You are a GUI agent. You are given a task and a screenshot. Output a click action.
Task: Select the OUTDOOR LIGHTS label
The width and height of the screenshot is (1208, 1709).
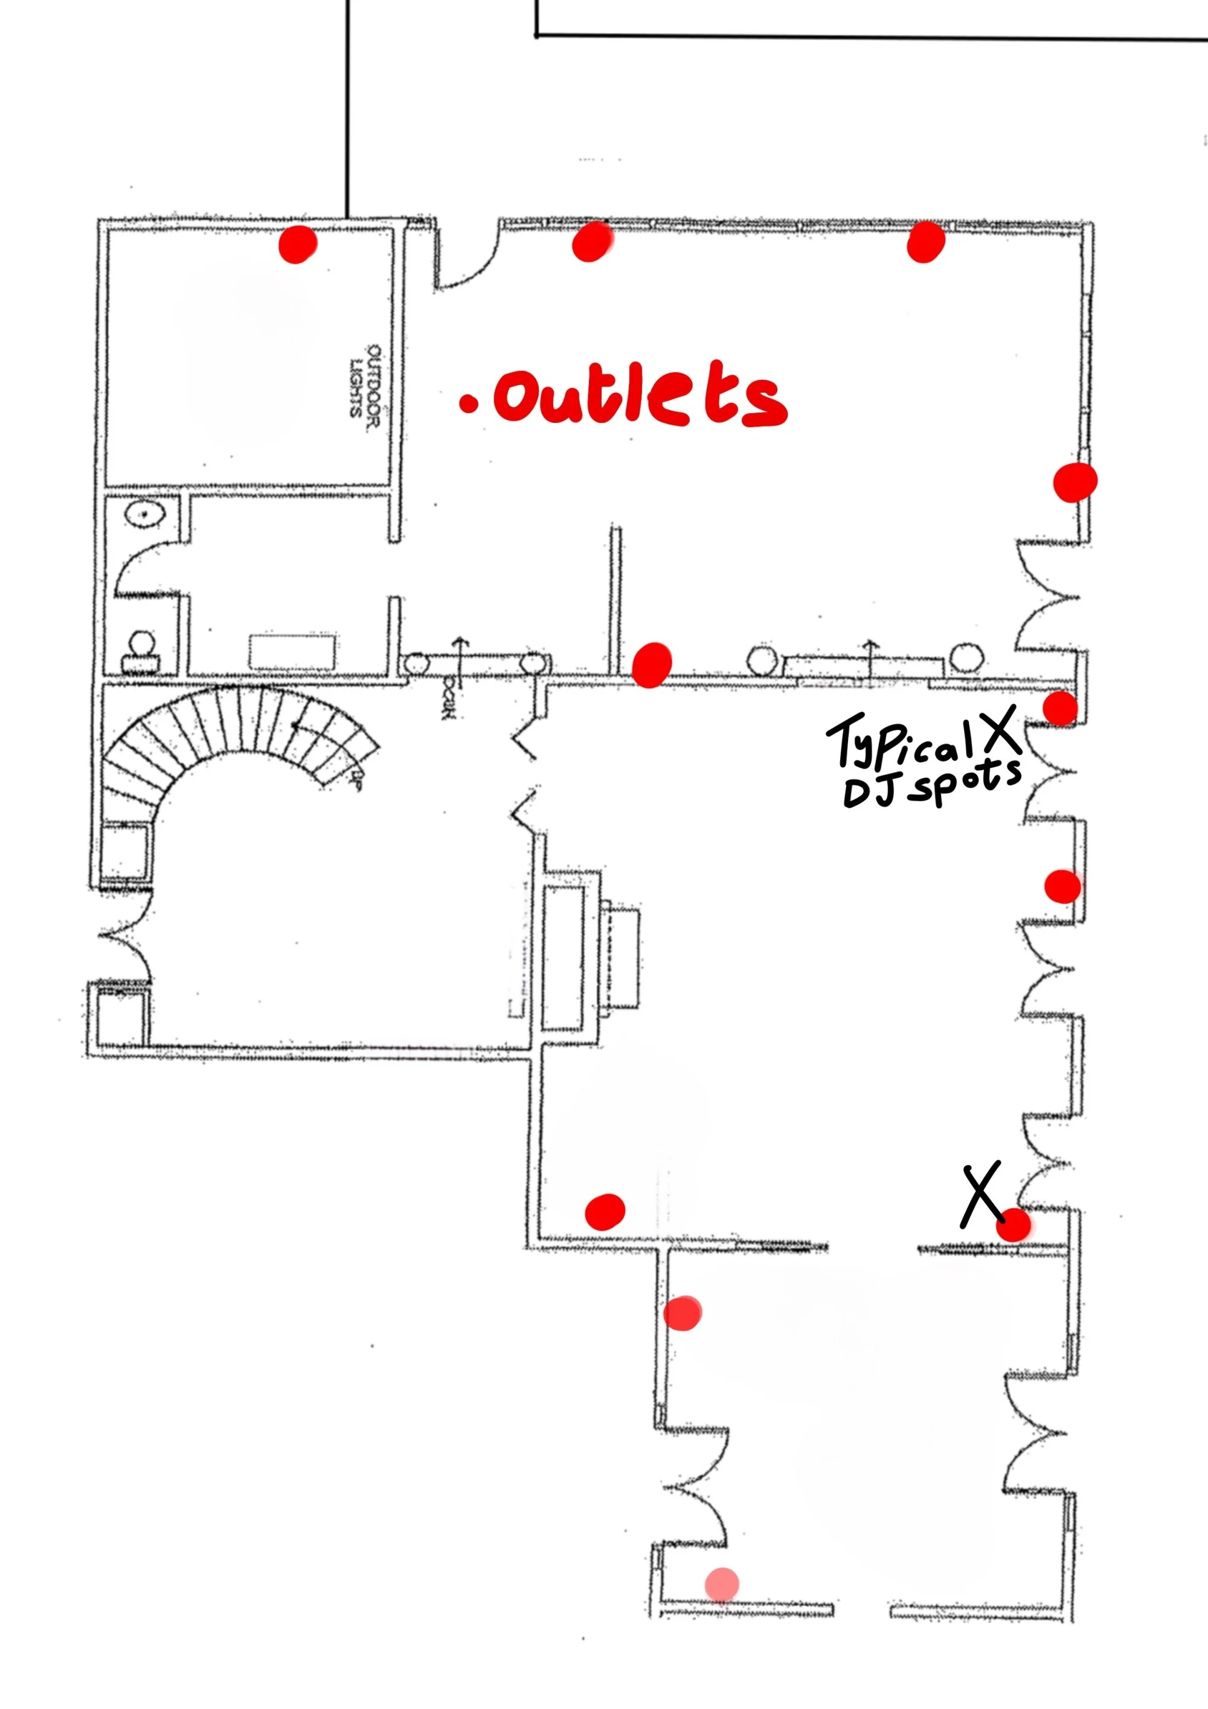[x=365, y=381]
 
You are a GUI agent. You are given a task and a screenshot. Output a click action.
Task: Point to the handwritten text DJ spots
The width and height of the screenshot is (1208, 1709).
[x=930, y=785]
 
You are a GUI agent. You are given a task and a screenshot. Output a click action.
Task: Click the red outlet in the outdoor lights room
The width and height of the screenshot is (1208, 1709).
[x=297, y=244]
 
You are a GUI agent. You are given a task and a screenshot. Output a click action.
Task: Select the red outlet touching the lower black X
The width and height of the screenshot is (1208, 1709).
[x=1014, y=1224]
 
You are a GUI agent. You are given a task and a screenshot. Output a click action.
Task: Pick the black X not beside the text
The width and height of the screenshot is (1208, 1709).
[x=981, y=1195]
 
